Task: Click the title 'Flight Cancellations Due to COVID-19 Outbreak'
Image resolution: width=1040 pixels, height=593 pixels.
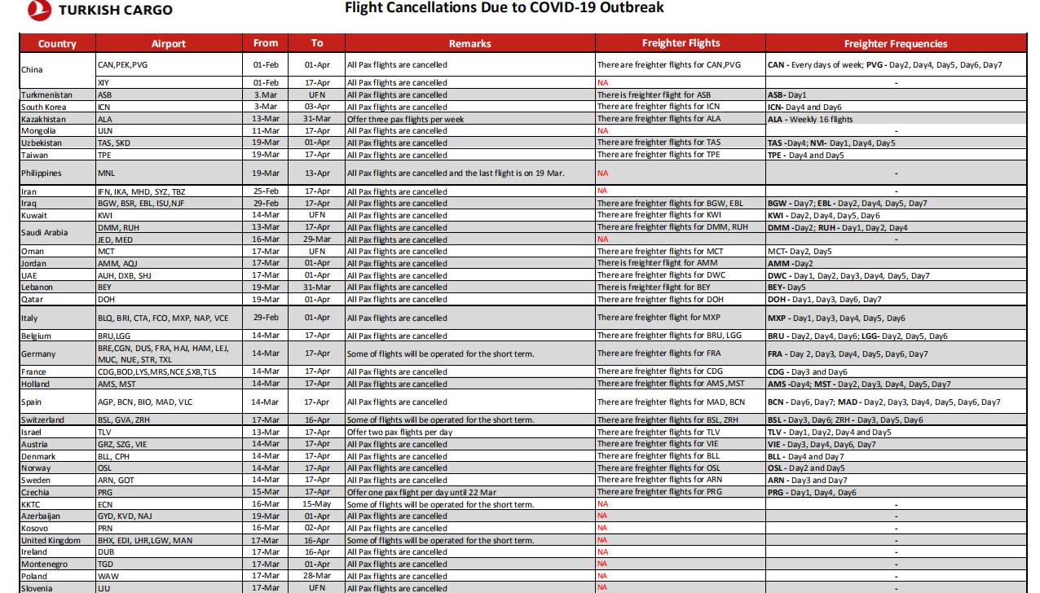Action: click(x=504, y=8)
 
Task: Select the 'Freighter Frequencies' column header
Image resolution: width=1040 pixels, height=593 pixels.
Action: click(x=895, y=44)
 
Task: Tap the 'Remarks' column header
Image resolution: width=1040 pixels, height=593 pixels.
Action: click(x=469, y=44)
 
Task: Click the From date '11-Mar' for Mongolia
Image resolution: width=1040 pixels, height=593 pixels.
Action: click(x=266, y=131)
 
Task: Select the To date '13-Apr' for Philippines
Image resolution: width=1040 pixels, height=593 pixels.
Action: click(x=317, y=174)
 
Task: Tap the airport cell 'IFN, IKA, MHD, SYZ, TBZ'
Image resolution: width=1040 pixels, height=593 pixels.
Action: click(x=141, y=192)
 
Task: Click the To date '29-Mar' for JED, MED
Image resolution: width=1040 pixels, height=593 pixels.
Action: click(x=317, y=239)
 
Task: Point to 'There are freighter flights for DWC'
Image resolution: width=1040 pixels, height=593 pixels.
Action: click(x=660, y=276)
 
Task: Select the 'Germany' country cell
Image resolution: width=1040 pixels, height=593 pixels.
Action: click(x=38, y=354)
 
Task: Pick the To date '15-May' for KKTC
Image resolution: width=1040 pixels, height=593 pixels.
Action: click(x=317, y=505)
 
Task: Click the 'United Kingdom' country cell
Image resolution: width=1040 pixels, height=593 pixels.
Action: click(x=51, y=541)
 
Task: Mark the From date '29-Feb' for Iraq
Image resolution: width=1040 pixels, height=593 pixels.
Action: click(x=266, y=204)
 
